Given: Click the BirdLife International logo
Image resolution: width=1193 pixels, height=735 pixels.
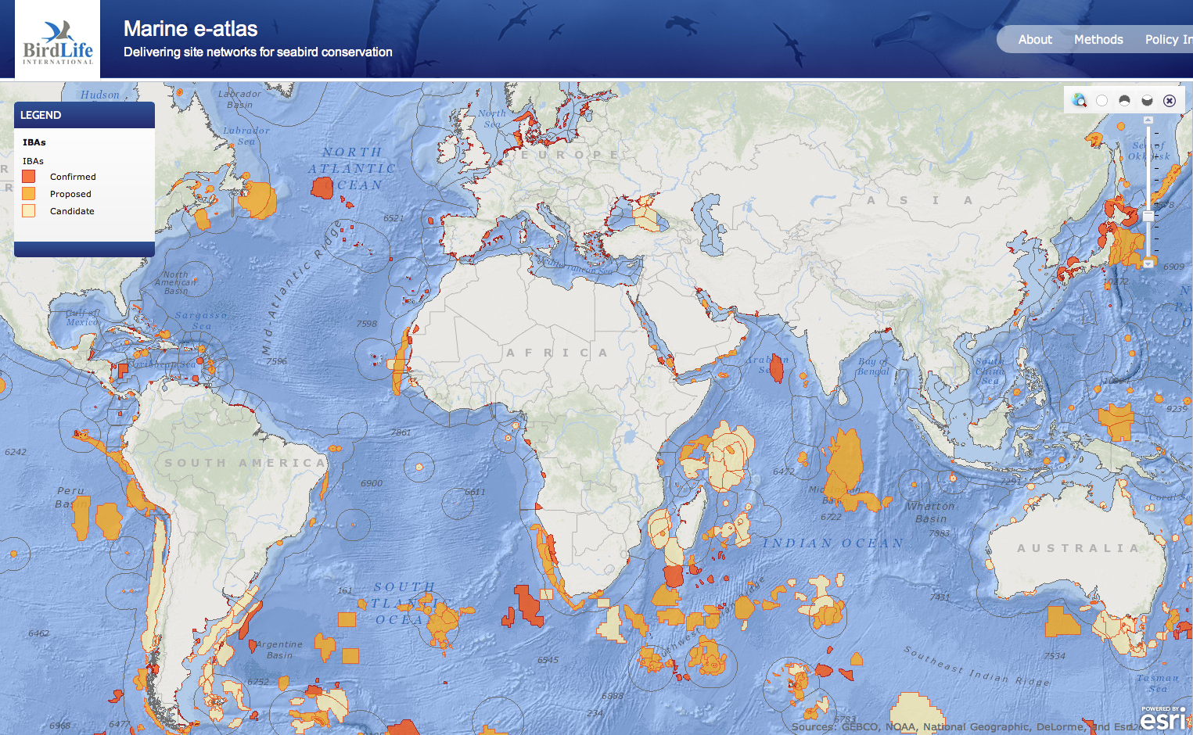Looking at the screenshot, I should click(57, 41).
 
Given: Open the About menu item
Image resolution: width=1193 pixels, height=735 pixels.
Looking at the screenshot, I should click(1034, 39).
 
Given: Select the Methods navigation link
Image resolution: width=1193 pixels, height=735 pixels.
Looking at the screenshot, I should click(1098, 39).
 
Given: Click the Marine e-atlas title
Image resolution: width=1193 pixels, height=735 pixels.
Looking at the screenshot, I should click(190, 29).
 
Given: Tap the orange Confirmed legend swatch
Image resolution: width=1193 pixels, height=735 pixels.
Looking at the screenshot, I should click(29, 177).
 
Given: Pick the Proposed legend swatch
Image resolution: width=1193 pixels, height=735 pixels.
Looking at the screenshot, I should click(29, 194).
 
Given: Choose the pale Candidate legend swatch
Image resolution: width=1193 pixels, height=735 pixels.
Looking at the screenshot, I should click(29, 211).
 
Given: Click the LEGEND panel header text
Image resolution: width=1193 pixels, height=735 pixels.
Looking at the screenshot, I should click(41, 115).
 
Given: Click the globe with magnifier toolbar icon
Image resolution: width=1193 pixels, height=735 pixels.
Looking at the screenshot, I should click(1080, 100).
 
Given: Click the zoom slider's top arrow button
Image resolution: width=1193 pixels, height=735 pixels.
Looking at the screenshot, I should click(1148, 120).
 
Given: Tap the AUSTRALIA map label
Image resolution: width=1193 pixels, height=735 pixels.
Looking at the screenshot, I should click(1077, 548).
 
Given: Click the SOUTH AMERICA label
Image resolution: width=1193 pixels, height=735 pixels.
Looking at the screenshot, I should click(244, 463).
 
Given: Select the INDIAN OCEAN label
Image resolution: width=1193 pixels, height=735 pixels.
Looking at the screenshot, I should click(833, 543).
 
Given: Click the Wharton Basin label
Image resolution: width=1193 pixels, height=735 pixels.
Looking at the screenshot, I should click(930, 512).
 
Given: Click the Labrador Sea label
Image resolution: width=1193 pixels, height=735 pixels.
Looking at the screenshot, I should click(246, 135).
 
